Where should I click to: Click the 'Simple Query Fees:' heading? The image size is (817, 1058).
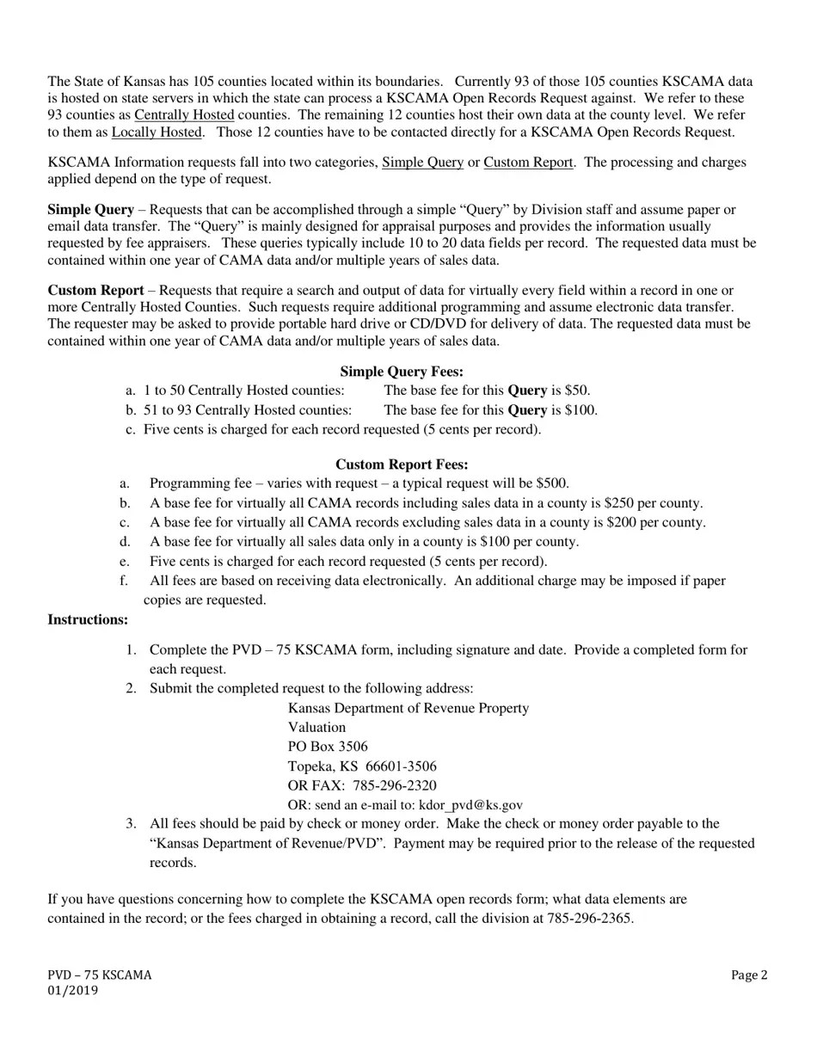pyautogui.click(x=402, y=372)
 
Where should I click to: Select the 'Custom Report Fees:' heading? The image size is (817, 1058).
pyautogui.click(x=402, y=464)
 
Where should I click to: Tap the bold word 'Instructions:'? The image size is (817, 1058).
pyautogui.click(x=88, y=619)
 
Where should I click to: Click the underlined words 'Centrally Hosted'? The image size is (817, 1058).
pyautogui.click(x=184, y=114)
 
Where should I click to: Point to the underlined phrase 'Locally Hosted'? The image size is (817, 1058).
pyautogui.click(x=157, y=132)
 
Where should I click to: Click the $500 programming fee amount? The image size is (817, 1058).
pyautogui.click(x=550, y=483)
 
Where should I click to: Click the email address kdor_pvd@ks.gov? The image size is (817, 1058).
pyautogui.click(x=470, y=805)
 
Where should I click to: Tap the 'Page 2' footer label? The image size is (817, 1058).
pyautogui.click(x=749, y=975)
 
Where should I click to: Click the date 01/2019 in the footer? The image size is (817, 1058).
pyautogui.click(x=72, y=990)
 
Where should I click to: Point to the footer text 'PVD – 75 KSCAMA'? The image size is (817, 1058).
pyautogui.click(x=99, y=975)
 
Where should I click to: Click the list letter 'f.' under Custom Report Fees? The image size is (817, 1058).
pyautogui.click(x=125, y=581)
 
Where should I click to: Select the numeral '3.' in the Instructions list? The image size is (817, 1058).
pyautogui.click(x=131, y=823)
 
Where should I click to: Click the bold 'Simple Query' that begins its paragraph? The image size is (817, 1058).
pyautogui.click(x=90, y=210)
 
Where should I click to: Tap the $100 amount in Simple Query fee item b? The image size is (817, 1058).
pyautogui.click(x=580, y=410)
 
